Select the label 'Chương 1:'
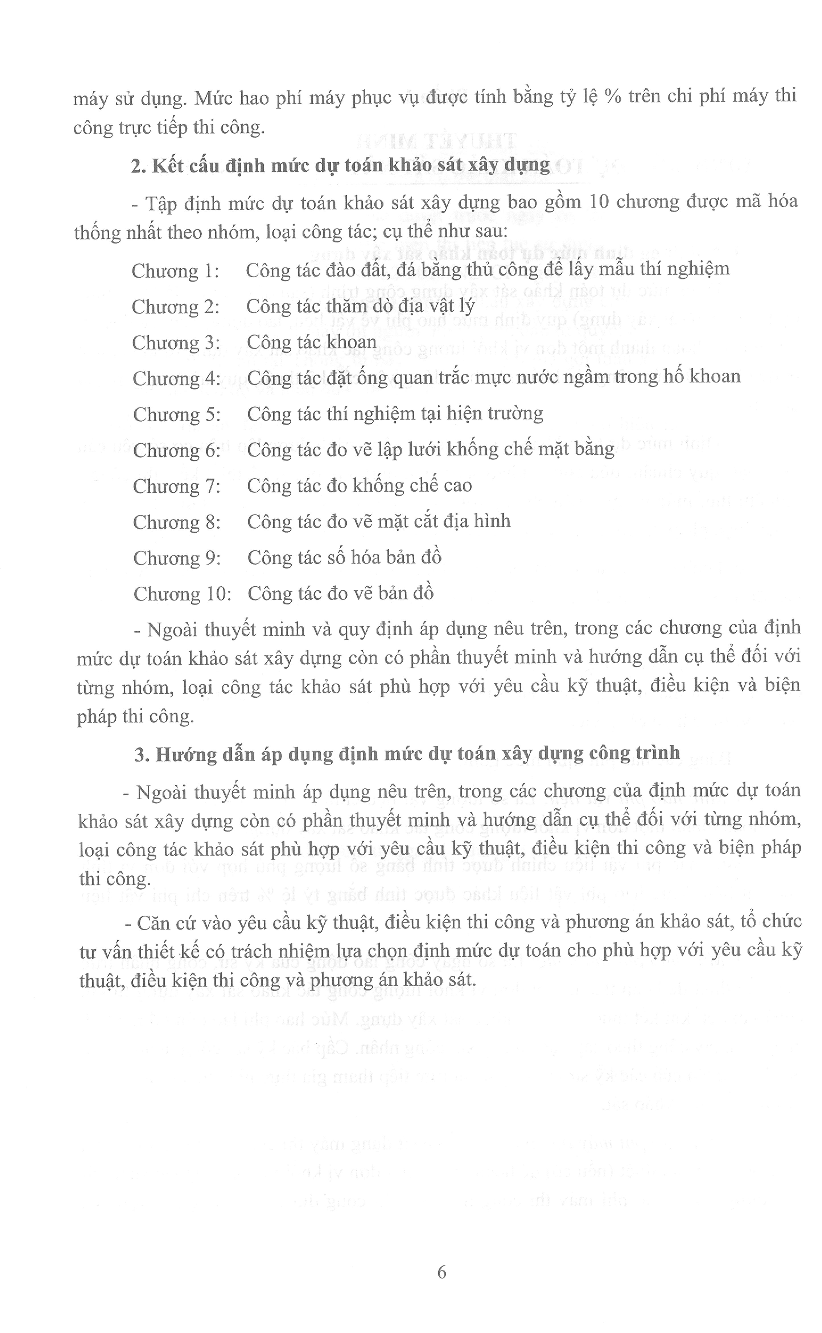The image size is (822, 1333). tap(175, 271)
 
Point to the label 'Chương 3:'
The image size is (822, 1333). tap(176, 343)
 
